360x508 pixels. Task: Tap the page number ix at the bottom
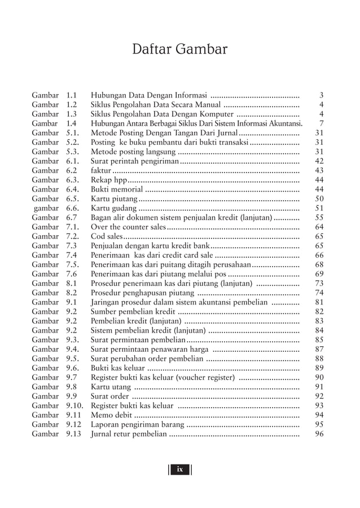click(179, 469)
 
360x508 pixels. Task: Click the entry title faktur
click(101, 170)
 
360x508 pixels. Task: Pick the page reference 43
click(319, 170)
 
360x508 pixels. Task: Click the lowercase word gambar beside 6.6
click(46, 208)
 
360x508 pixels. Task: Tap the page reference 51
click(319, 208)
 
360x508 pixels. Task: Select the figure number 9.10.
click(74, 405)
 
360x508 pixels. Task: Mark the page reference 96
click(319, 434)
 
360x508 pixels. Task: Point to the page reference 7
click(321, 123)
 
